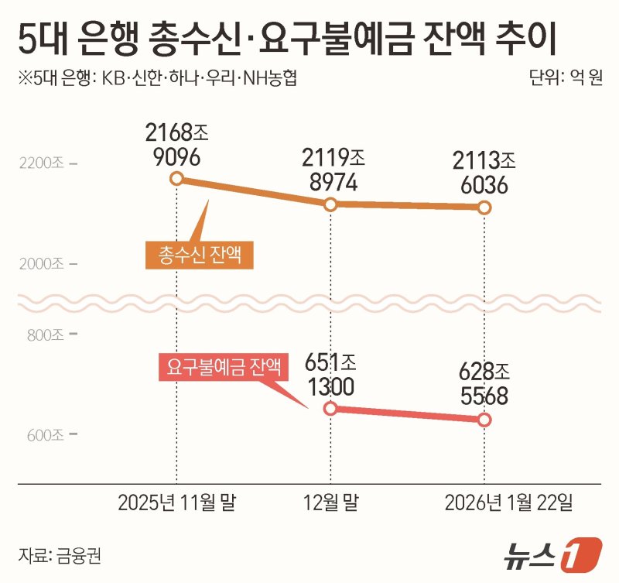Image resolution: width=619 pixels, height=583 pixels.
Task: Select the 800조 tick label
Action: coord(46,335)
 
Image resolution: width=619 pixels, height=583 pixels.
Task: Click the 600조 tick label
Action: coord(46,435)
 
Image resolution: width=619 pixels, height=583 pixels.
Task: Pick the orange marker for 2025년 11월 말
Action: coord(176,180)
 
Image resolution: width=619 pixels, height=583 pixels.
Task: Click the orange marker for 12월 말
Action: coord(330,204)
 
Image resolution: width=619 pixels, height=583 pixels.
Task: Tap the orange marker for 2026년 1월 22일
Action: coord(484,207)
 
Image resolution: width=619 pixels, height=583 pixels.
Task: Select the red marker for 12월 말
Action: coord(330,408)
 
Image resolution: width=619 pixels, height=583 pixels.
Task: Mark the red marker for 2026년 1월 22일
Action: coord(484,420)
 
